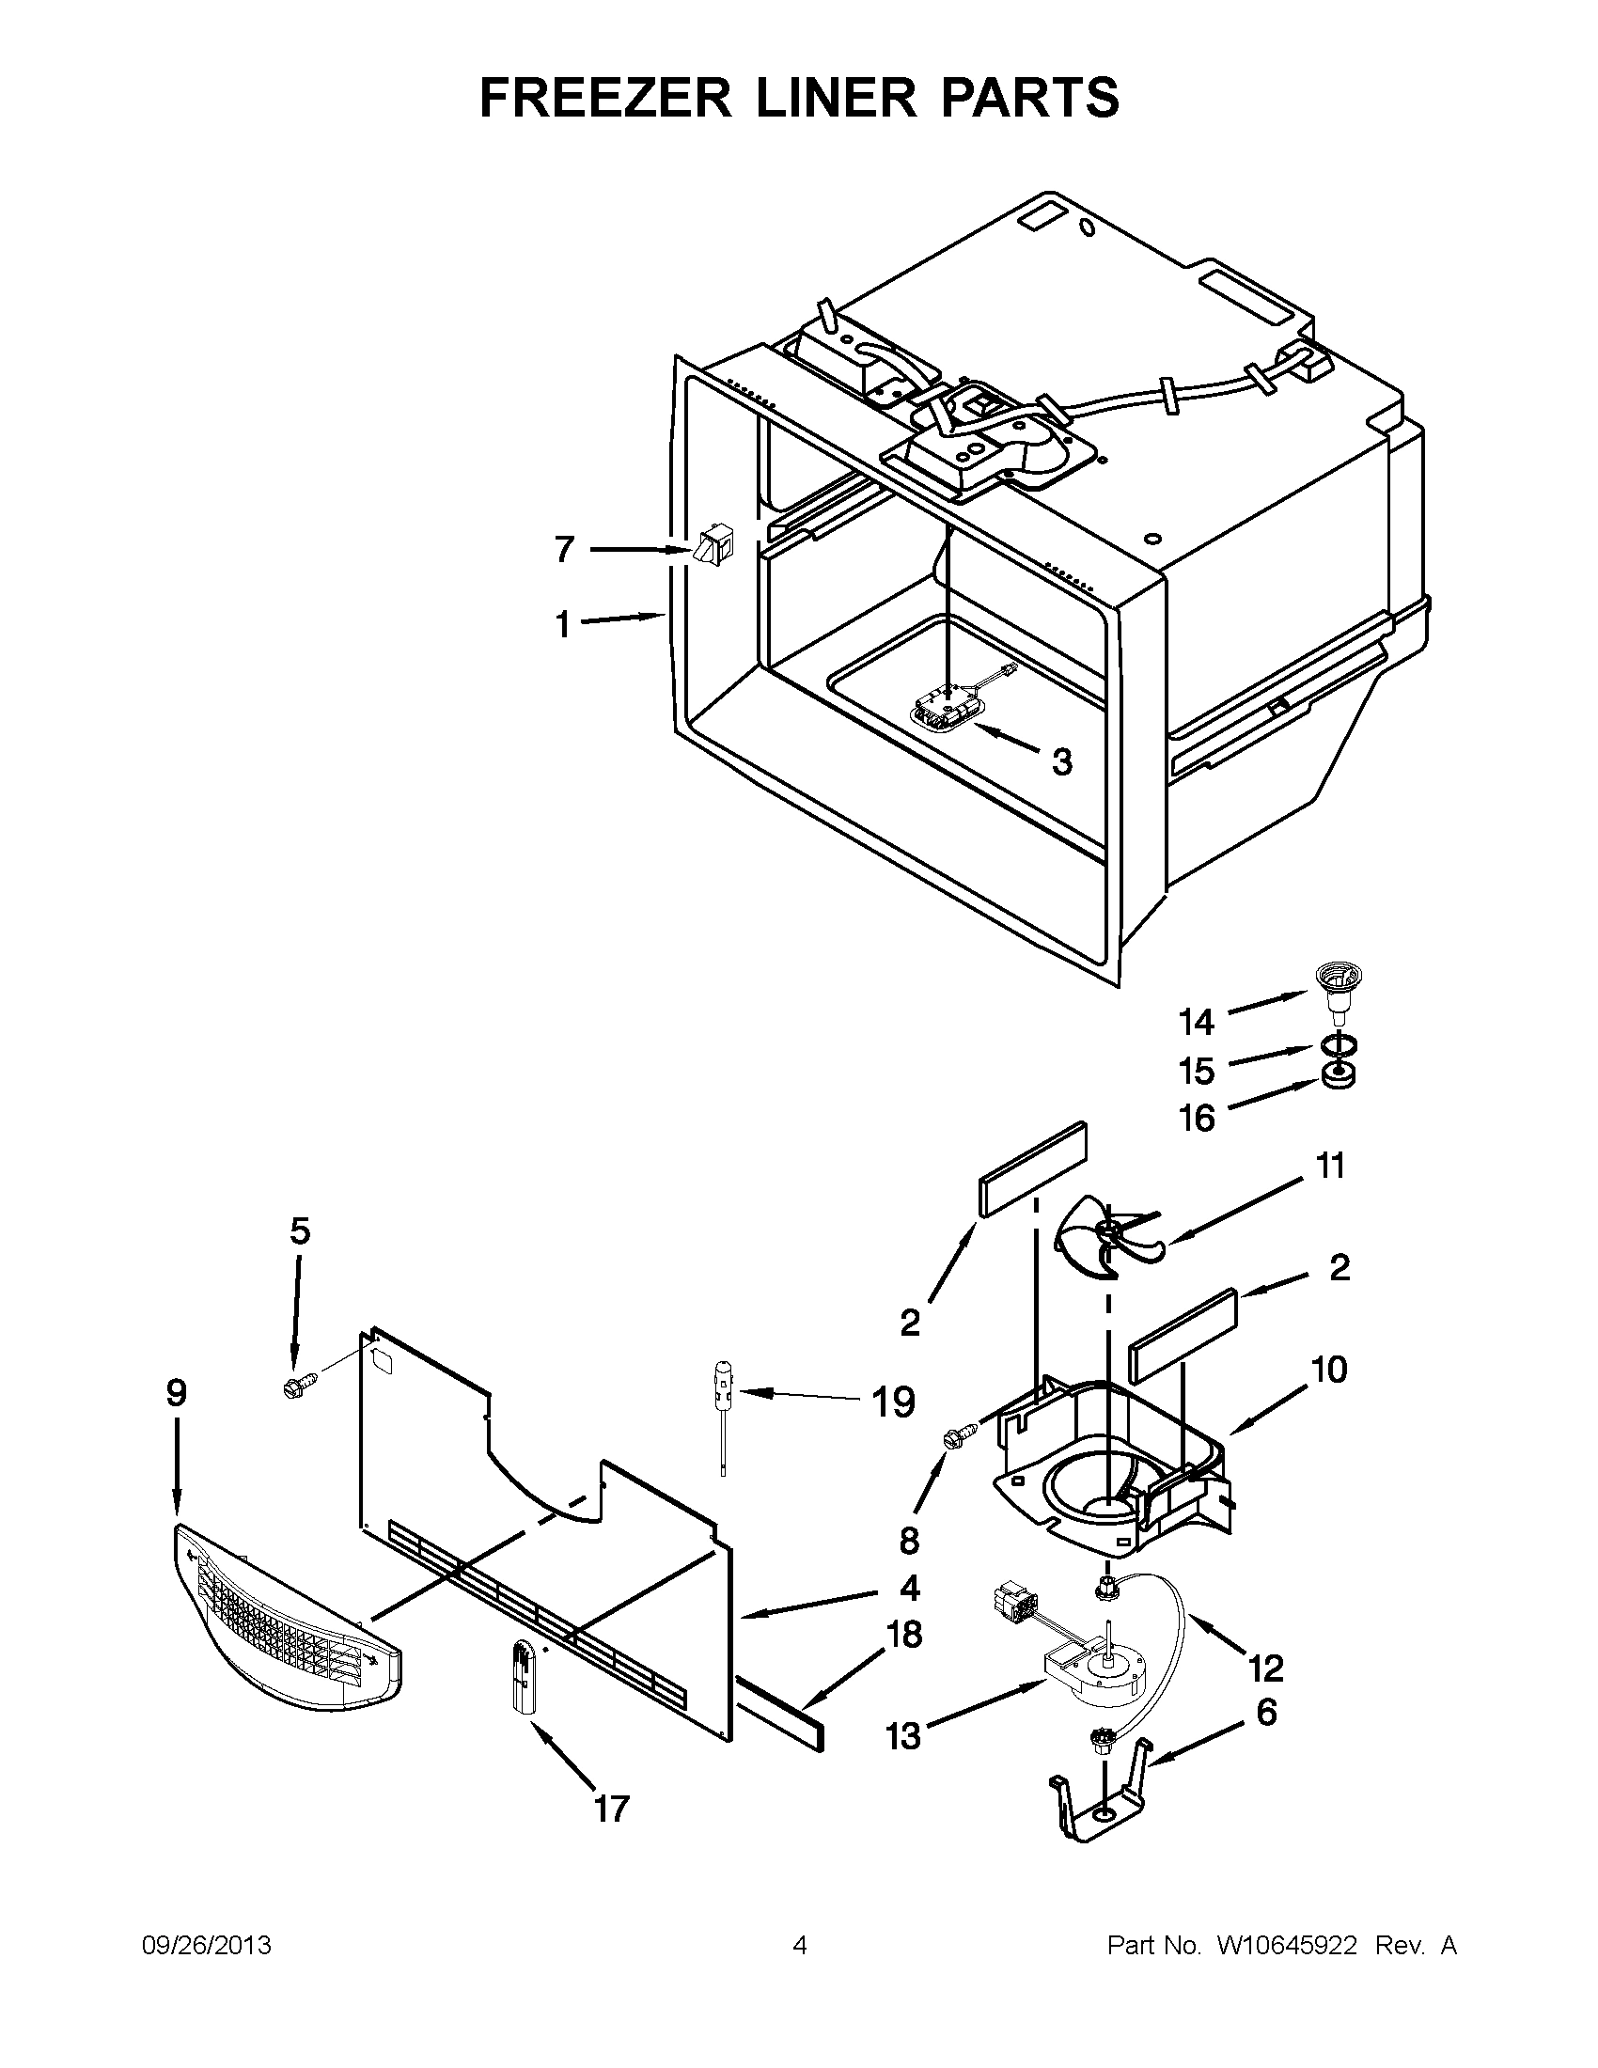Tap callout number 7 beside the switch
click(x=564, y=549)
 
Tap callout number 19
click(x=892, y=1402)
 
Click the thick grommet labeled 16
click(x=1338, y=1076)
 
